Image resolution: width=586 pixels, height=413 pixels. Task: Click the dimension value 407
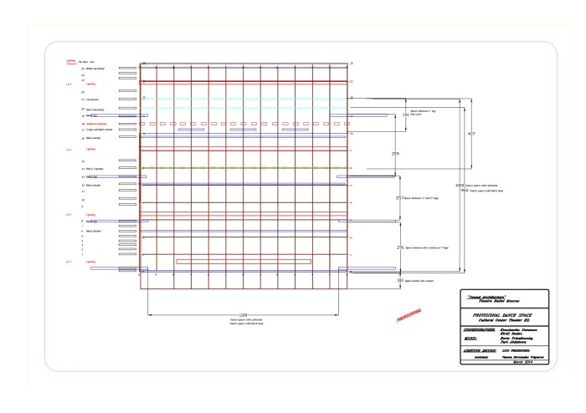pos(471,134)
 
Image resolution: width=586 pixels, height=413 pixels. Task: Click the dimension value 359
pos(395,154)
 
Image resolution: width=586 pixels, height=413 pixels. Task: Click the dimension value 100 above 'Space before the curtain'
pos(399,280)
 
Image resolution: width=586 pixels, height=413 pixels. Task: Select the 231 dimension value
pos(399,248)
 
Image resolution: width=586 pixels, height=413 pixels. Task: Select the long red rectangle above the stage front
pos(244,261)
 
